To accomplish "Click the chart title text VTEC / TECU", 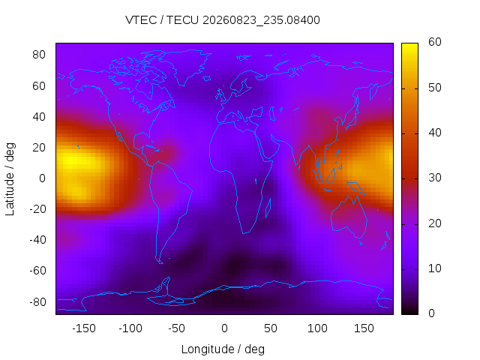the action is point(162,20).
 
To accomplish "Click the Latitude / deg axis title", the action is point(10,179).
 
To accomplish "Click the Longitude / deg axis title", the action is point(223,349).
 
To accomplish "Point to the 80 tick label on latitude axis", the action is point(39,55).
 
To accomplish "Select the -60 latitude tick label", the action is point(37,271).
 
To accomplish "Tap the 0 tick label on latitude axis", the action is point(42,178).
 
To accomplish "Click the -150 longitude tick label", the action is point(84,328).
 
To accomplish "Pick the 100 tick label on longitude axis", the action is point(317,328).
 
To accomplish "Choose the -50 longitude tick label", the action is point(177,328).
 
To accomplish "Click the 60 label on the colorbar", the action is point(435,42).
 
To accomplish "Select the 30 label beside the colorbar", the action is point(435,178).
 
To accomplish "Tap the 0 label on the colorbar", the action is point(431,313).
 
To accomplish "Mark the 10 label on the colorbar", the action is point(435,268).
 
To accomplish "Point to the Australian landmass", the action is point(349,217).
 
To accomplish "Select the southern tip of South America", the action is point(160,263).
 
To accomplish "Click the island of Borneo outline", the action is point(331,177).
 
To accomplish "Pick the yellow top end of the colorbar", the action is point(409,45).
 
